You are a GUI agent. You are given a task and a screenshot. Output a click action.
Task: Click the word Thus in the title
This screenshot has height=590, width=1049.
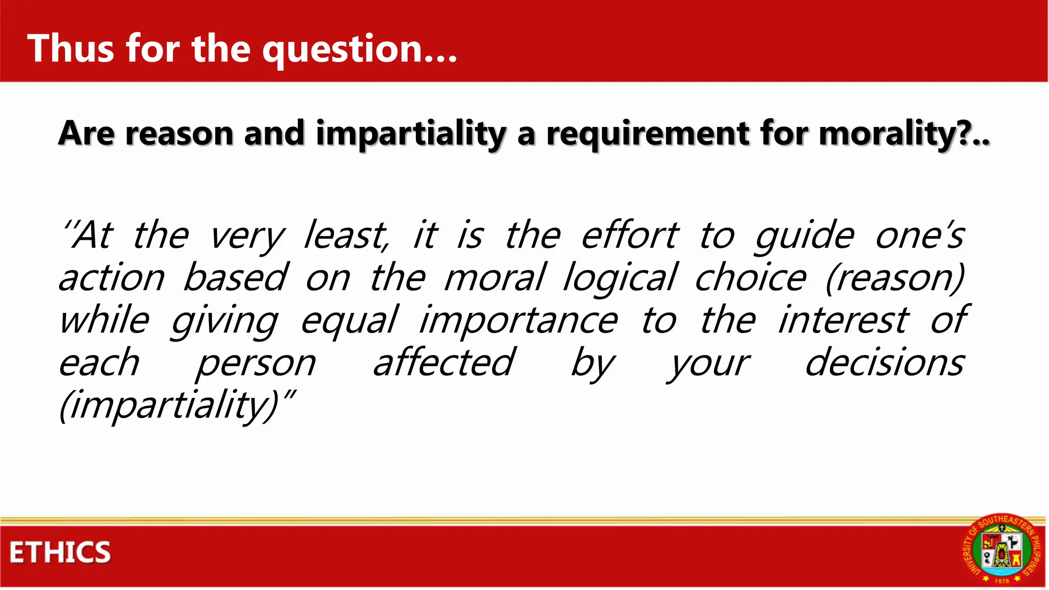click(x=71, y=48)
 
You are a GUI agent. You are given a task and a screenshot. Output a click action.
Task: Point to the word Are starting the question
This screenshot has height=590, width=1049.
click(x=87, y=133)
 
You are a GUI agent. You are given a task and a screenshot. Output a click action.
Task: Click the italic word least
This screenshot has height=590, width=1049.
click(x=347, y=236)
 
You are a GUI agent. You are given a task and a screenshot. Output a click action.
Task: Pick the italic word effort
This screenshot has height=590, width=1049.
click(x=630, y=236)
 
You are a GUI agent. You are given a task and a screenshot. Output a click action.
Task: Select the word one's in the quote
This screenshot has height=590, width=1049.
click(x=920, y=236)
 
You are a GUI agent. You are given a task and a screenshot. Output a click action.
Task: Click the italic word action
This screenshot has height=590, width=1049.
click(x=112, y=278)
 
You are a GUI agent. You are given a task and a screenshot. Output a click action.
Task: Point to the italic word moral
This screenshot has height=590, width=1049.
click(x=495, y=278)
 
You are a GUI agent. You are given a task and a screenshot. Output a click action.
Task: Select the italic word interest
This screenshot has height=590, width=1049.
click(x=843, y=321)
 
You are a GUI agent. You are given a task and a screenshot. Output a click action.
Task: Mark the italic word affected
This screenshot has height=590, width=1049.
click(x=444, y=363)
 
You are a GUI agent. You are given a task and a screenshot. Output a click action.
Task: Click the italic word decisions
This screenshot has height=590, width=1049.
click(x=885, y=363)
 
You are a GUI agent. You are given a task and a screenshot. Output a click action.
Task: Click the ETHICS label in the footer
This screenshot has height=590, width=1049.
click(x=60, y=553)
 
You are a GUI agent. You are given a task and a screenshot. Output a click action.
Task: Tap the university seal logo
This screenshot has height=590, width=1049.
click(x=1002, y=549)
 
